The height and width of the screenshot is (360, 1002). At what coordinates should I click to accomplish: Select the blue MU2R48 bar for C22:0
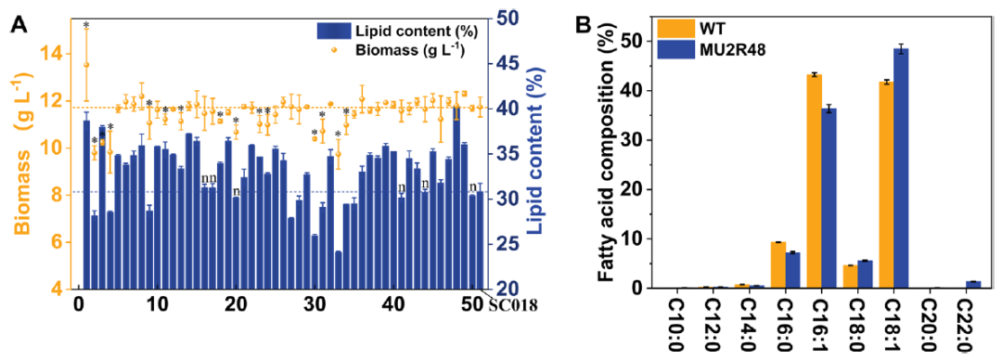pyautogui.click(x=973, y=285)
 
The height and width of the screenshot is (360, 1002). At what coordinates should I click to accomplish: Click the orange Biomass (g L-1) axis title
pyautogui.click(x=26, y=169)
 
